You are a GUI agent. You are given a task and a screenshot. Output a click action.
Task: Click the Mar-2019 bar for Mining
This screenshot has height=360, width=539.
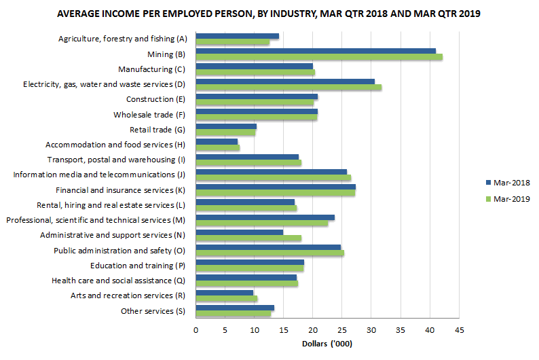(x=319, y=57)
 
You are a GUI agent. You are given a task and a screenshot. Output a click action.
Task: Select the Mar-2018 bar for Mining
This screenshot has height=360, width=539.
(x=316, y=51)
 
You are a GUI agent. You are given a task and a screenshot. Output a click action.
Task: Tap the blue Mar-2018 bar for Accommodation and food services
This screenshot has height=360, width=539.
(x=217, y=141)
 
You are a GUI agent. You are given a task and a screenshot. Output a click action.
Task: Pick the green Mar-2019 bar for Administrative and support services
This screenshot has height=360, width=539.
(x=248, y=238)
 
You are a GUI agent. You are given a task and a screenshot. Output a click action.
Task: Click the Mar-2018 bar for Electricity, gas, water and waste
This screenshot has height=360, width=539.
(x=285, y=81)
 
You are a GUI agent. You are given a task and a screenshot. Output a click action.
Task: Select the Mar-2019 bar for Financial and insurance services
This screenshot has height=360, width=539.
(x=275, y=193)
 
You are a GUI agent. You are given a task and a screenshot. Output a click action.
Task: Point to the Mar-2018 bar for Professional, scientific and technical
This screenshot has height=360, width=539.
(x=265, y=217)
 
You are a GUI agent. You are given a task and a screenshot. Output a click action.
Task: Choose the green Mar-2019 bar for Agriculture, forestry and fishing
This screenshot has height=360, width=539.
(x=232, y=42)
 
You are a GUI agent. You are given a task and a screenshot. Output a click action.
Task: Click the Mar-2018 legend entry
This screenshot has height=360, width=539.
(x=506, y=183)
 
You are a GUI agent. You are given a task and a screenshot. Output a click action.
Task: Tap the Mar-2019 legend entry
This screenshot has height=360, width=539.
(x=506, y=198)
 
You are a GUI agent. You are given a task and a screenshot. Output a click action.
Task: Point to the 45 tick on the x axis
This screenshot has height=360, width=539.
(x=460, y=330)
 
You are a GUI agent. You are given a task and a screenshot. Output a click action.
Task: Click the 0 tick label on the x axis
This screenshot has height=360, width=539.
(x=196, y=330)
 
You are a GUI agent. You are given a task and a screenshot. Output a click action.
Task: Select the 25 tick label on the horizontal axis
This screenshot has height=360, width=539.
(x=342, y=330)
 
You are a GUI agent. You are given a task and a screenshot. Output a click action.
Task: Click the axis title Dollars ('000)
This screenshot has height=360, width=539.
(x=327, y=344)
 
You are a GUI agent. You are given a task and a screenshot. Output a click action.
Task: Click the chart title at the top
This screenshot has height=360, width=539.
(x=268, y=14)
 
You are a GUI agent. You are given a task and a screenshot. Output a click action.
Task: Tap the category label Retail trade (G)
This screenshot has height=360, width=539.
(x=157, y=129)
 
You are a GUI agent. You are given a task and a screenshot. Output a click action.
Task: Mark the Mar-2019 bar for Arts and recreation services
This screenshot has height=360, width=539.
(x=227, y=299)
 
